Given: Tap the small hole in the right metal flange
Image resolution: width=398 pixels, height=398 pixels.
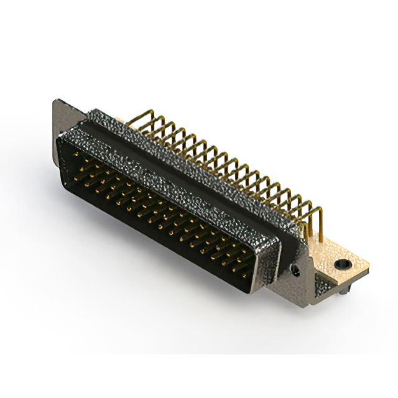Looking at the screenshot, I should [x=297, y=271].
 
